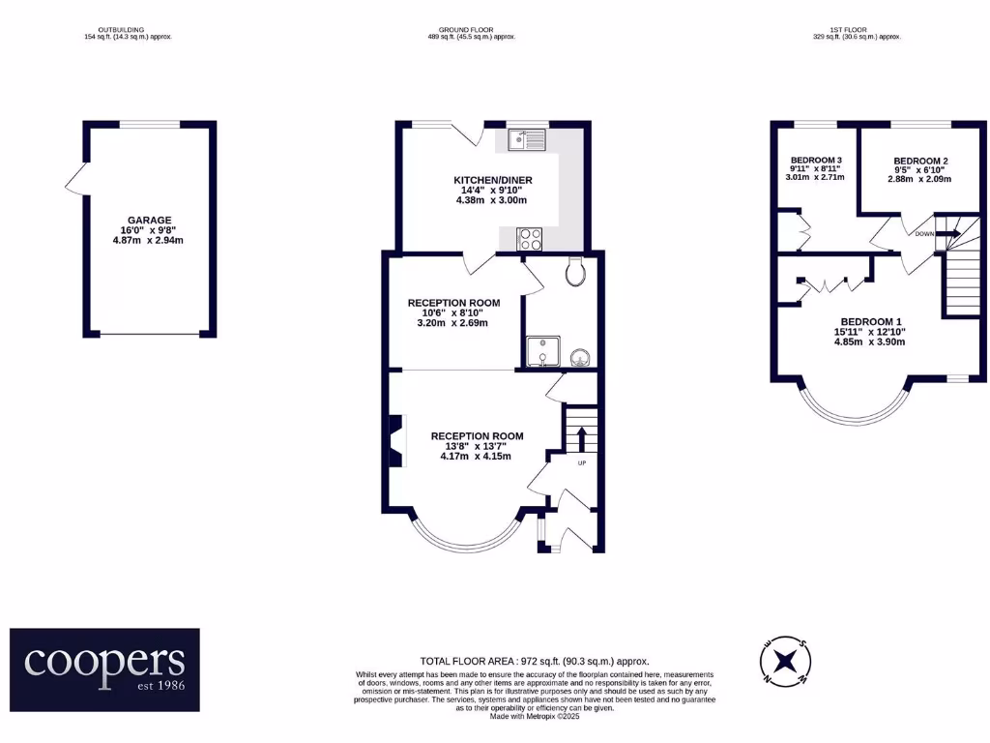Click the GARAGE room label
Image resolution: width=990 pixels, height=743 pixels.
[x=148, y=220]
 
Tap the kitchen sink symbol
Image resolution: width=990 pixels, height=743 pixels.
[x=528, y=141]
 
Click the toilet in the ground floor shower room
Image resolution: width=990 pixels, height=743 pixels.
[x=577, y=273]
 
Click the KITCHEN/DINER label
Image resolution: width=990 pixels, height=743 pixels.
[x=492, y=180]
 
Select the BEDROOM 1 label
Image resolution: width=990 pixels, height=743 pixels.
[x=870, y=321]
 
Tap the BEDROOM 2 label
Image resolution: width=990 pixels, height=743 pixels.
[x=920, y=161]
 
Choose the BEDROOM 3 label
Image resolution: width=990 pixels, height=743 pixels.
[x=817, y=161]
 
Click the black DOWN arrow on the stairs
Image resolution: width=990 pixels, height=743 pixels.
[x=946, y=233]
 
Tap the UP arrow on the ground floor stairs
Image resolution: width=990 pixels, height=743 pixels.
[x=581, y=437]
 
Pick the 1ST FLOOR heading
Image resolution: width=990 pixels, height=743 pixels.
[x=857, y=30]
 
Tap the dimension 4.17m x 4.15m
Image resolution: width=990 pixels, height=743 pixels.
[x=475, y=457]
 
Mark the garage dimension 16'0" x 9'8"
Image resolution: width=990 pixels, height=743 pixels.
[x=148, y=230]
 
